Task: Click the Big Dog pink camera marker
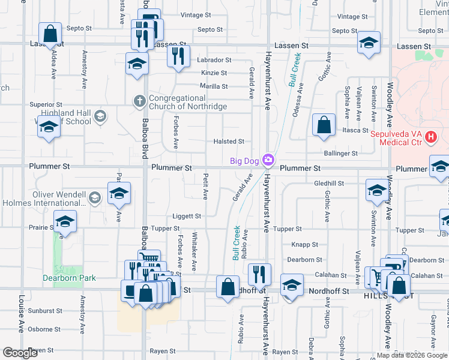268,160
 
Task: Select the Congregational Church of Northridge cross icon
140,101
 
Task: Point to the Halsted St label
229,142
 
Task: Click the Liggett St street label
188,216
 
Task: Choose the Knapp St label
305,245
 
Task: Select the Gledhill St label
328,183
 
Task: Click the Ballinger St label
341,154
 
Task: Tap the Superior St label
46,105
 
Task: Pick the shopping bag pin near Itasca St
324,125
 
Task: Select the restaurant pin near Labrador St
178,56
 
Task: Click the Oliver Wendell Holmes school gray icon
94,197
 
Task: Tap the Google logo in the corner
20,353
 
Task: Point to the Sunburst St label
46,311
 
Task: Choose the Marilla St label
214,86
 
